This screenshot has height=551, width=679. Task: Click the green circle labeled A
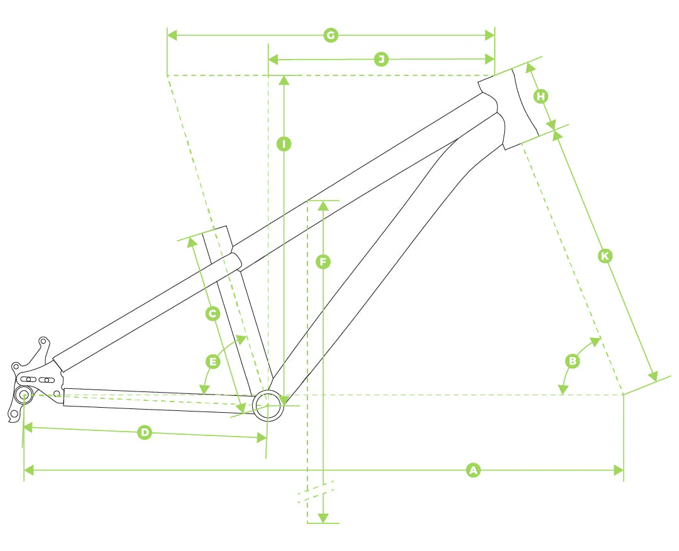473,469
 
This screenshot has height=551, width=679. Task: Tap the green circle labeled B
573,361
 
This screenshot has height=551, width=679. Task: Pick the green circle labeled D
145,432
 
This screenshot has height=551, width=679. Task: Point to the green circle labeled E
213,361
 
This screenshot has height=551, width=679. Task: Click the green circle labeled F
323,262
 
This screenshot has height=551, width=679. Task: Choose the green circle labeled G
331,35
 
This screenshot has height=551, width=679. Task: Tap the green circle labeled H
541,96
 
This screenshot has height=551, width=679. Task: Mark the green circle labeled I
284,145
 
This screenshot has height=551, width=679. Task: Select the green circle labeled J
381,60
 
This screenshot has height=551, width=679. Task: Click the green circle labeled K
605,256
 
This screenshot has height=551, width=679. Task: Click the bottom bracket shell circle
268,404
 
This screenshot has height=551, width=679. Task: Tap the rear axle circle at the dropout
25,395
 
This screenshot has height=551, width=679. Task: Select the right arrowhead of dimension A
619,469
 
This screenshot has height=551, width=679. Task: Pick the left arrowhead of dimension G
172,35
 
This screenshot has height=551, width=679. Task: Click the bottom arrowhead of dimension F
323,518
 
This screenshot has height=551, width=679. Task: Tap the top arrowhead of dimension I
284,80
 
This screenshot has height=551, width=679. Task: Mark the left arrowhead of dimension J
273,60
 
